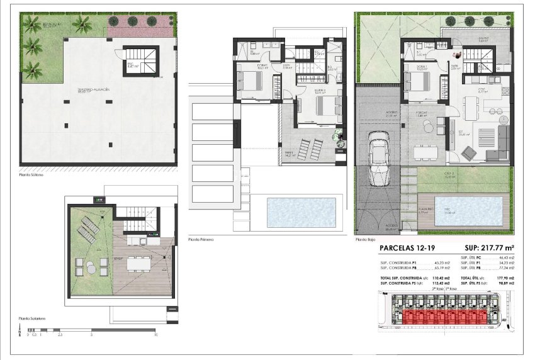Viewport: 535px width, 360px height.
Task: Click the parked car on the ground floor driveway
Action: (380, 160)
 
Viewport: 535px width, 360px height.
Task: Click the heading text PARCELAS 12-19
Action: (407, 249)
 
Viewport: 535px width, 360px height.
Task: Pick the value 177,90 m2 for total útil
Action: (504, 278)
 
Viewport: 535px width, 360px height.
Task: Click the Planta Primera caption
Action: (201, 240)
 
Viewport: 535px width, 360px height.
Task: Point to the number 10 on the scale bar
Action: (155, 335)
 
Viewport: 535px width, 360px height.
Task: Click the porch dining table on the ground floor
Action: (427, 152)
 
